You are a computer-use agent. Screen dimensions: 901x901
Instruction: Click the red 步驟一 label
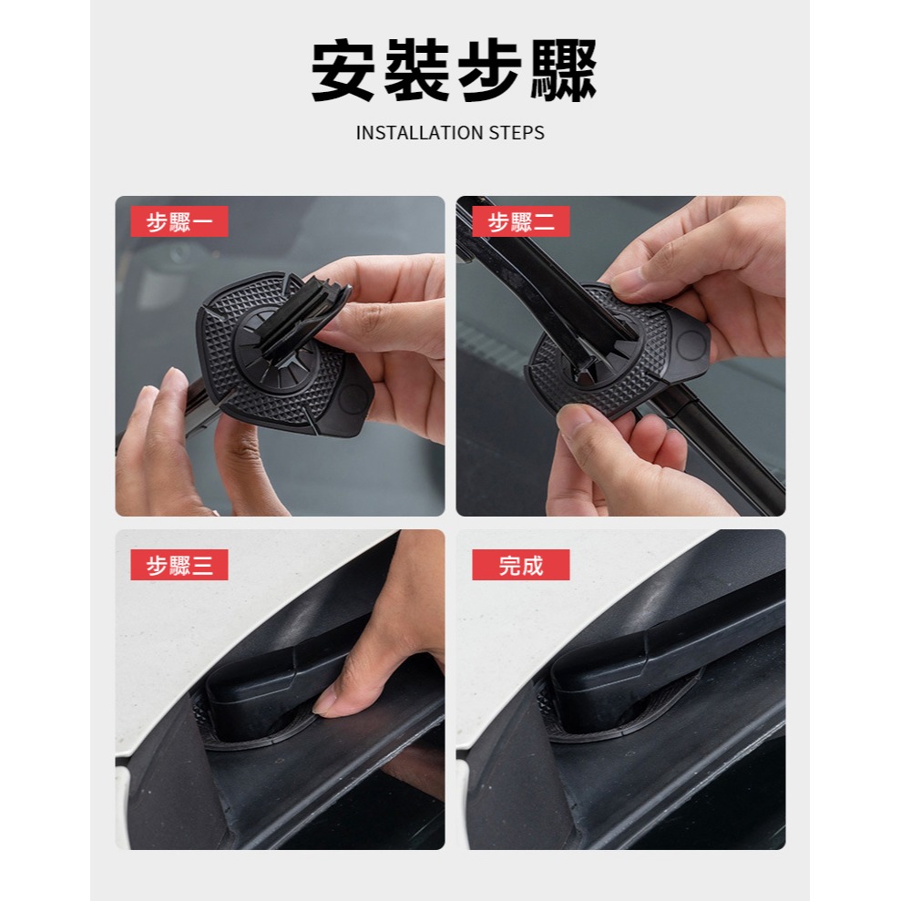coord(179,221)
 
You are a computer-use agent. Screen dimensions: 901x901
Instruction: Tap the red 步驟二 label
coord(520,221)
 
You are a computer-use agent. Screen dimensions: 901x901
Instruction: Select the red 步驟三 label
coord(179,565)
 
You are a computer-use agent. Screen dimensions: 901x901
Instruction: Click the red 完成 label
coord(520,565)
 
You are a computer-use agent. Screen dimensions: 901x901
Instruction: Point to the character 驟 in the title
coord(562,71)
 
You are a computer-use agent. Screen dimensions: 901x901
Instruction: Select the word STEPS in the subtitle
coord(517,133)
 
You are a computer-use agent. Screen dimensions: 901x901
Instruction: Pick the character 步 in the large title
coord(490,71)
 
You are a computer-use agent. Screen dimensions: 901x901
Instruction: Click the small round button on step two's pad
coord(691,343)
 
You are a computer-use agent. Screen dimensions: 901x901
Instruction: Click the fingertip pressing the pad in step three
coord(330,702)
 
